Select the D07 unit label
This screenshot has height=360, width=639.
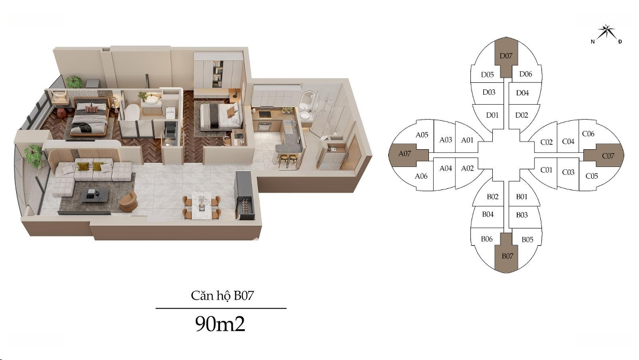(506, 56)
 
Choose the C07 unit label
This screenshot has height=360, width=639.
(608, 155)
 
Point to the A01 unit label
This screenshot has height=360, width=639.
(467, 140)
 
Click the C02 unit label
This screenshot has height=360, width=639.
(547, 142)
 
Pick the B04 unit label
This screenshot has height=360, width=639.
(488, 214)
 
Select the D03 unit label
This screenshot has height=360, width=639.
(489, 92)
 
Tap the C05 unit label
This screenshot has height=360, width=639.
(592, 176)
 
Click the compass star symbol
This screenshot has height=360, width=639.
(607, 32)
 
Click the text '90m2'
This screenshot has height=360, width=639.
(220, 324)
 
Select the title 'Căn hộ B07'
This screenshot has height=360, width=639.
(222, 295)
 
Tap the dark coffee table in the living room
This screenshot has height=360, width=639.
(95, 195)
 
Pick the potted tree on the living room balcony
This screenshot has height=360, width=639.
(34, 155)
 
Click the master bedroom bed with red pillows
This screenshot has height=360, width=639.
(90, 117)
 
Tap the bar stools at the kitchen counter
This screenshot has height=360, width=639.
(288, 160)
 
